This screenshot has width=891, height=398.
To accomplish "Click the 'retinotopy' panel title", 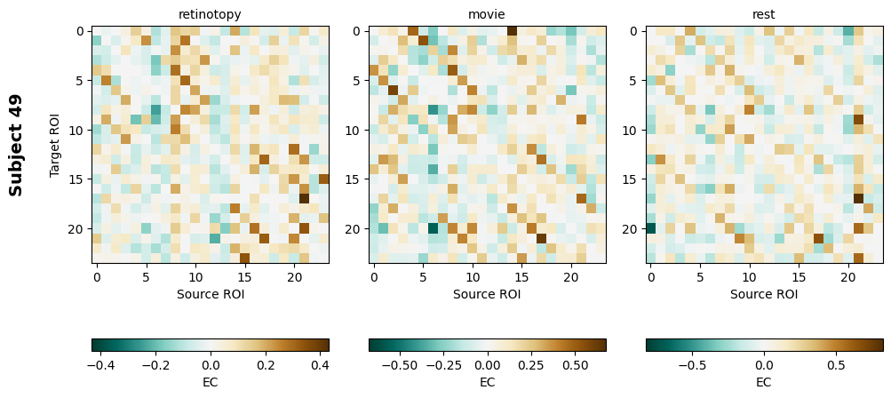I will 210,14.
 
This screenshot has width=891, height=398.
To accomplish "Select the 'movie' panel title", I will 487,14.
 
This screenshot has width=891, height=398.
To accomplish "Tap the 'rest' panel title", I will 764,14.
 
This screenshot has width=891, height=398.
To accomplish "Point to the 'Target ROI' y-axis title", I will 55,145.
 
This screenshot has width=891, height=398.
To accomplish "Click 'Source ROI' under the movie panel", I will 487,293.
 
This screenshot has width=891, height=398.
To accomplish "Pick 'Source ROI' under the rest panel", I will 764,293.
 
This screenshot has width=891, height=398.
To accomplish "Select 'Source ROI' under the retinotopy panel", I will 210,293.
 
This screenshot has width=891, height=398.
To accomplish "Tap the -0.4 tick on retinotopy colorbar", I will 99,364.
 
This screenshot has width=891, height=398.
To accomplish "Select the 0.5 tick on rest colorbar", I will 835,364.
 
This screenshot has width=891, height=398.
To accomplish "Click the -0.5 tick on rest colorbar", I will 693,364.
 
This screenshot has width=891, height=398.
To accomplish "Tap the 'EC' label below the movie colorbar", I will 487,382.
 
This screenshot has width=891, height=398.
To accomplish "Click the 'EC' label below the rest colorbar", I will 764,382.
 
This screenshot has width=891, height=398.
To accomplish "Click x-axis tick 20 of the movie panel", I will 572,275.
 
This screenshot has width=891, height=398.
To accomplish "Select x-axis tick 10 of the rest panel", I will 750,275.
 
